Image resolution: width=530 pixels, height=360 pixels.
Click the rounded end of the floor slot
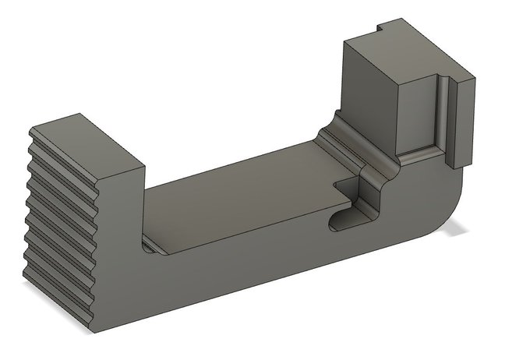click(x=335, y=222)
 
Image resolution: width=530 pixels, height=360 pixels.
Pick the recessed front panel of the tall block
click(x=417, y=113)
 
